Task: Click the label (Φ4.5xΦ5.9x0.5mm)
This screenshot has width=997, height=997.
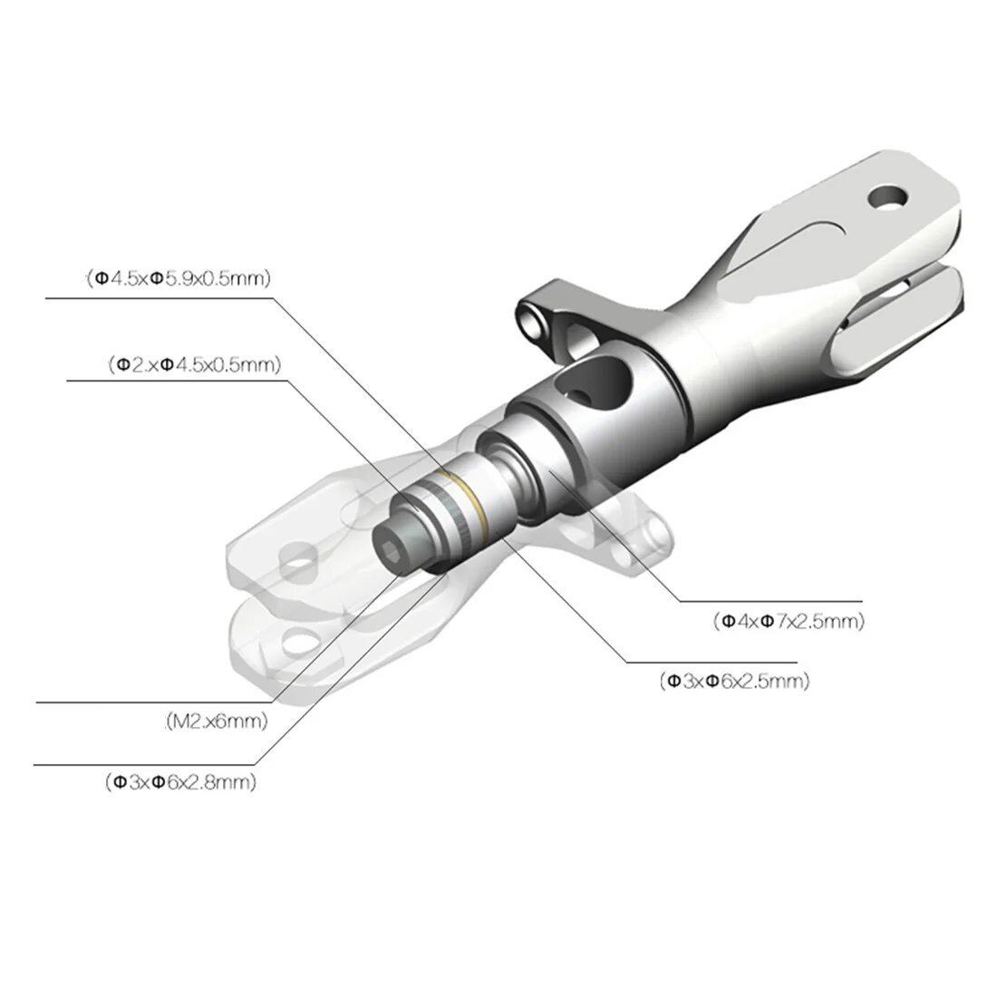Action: point(179,278)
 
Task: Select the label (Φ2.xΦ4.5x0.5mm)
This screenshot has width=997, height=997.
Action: point(195,365)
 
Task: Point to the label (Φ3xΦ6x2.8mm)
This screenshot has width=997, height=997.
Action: point(181,781)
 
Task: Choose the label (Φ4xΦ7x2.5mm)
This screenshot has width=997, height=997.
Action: point(789,621)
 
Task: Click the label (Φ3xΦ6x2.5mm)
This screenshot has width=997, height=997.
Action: point(735,681)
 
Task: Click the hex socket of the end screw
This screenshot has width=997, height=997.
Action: point(389,541)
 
